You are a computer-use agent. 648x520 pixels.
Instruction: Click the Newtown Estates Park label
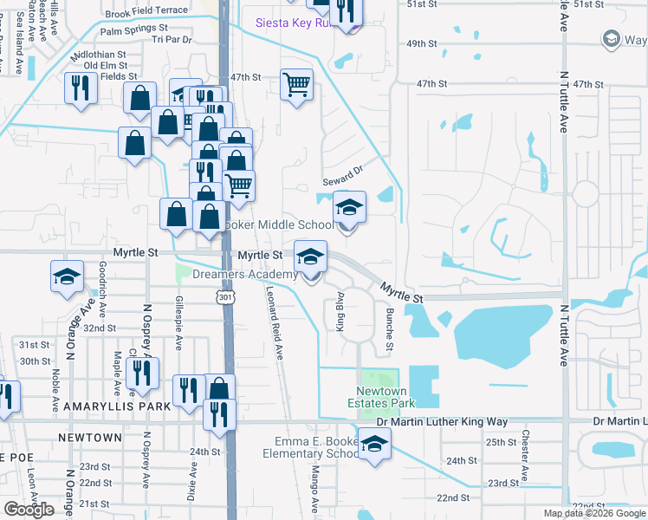coord(381,397)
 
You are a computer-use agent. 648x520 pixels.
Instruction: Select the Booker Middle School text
coord(274,225)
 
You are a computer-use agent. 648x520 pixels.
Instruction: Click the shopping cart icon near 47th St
coord(296,84)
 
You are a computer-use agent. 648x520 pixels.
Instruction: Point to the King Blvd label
coord(340,316)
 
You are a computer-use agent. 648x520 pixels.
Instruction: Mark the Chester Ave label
coord(524,450)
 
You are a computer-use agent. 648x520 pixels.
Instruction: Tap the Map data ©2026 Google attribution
coord(594,513)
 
